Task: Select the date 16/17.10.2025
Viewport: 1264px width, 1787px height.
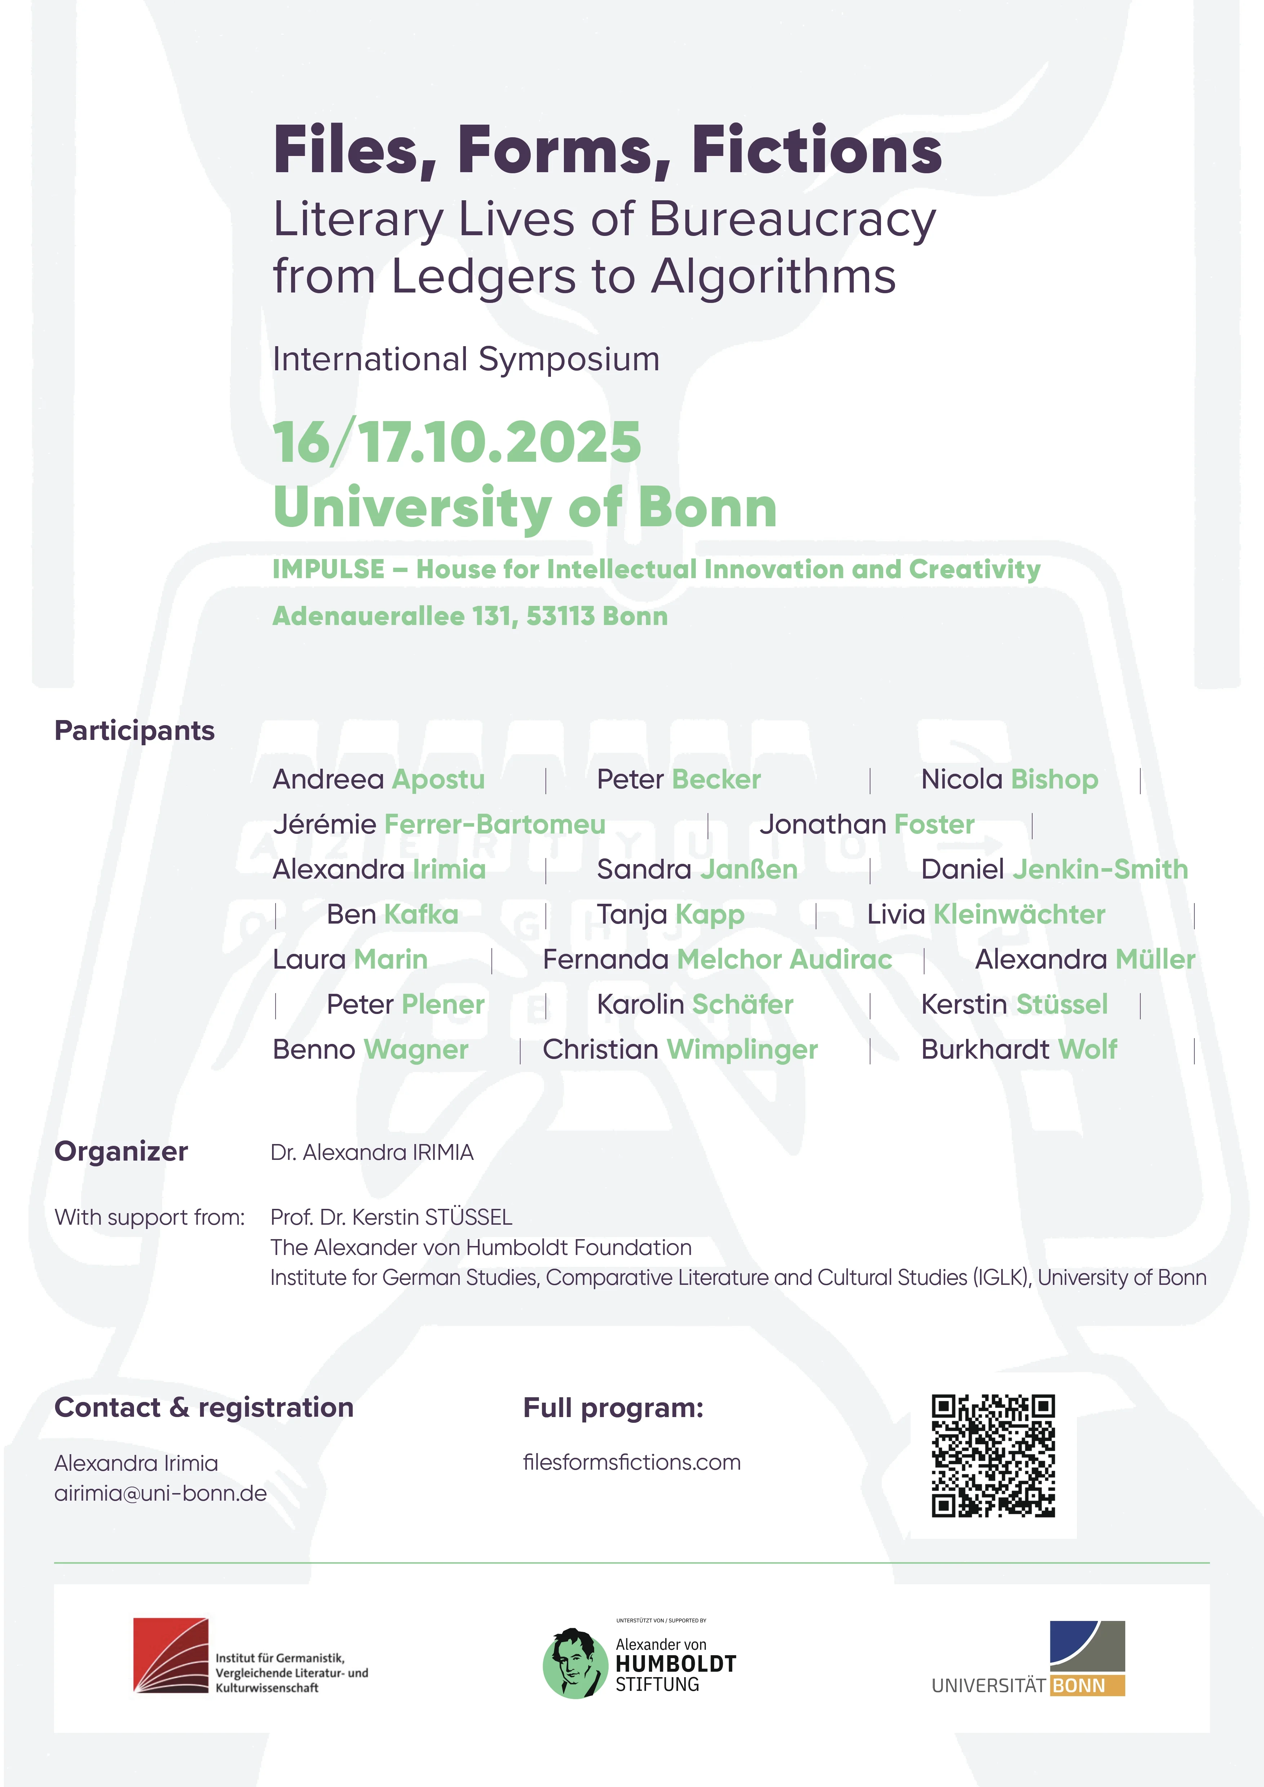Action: click(457, 442)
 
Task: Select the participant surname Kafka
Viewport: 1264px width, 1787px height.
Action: click(421, 915)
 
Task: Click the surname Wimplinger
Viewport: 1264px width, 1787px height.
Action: click(742, 1050)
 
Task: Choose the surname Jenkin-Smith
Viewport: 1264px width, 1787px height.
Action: click(1100, 870)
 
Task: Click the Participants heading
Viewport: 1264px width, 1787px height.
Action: click(134, 731)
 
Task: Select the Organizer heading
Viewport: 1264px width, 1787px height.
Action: click(121, 1151)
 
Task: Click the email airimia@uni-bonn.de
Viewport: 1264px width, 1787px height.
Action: click(160, 1493)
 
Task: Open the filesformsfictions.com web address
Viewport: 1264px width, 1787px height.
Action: click(631, 1462)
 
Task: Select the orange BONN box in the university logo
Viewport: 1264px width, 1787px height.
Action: click(1086, 1686)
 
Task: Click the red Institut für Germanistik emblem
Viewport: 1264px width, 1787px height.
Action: click(170, 1655)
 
